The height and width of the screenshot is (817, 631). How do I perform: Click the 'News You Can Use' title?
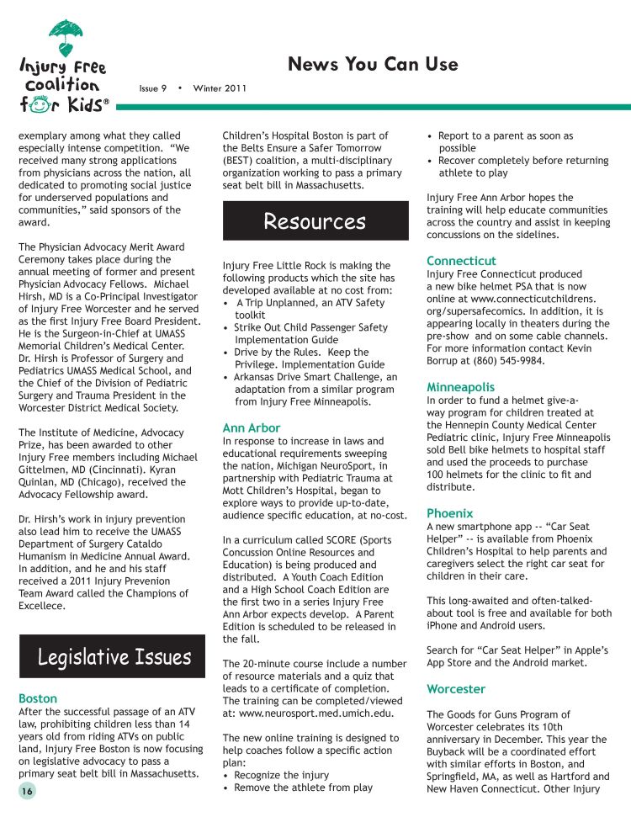tap(373, 64)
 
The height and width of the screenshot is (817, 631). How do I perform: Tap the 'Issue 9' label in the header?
tap(153, 88)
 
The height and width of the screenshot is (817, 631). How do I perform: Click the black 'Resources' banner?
tap(315, 221)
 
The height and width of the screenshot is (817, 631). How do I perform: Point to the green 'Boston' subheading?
tap(38, 698)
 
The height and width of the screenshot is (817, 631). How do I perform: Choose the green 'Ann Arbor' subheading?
tap(252, 427)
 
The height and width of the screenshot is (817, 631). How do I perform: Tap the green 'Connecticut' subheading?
tap(461, 261)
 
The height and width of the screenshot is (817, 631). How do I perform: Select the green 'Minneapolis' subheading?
tap(461, 387)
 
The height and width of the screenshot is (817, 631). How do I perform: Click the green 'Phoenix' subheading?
tap(450, 512)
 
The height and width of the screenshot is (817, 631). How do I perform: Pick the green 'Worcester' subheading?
tap(456, 689)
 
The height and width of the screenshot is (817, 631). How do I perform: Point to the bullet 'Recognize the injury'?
tap(282, 775)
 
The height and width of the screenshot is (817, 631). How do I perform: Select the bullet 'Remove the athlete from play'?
tap(303, 788)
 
